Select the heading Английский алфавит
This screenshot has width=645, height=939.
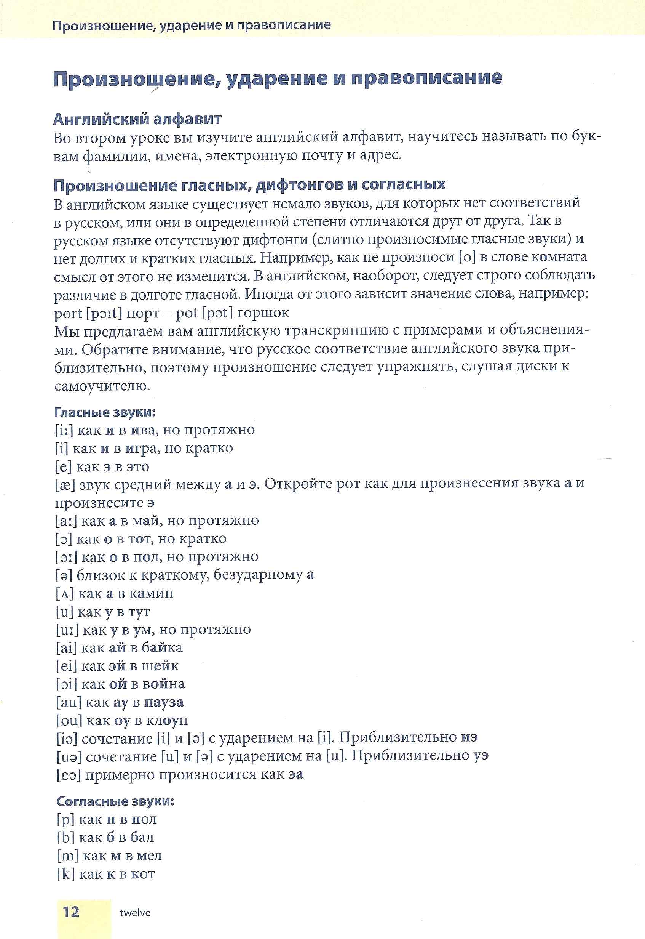click(137, 119)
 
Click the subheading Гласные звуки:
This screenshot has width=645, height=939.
click(105, 412)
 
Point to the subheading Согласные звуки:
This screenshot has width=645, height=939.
click(115, 801)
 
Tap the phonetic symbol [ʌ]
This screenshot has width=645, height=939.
click(65, 594)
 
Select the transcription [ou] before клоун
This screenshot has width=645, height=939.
click(69, 720)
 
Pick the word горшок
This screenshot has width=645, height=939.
click(263, 312)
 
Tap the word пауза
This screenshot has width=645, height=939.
click(164, 702)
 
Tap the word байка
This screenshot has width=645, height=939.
click(162, 648)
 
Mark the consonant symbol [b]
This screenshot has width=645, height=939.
click(65, 838)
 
